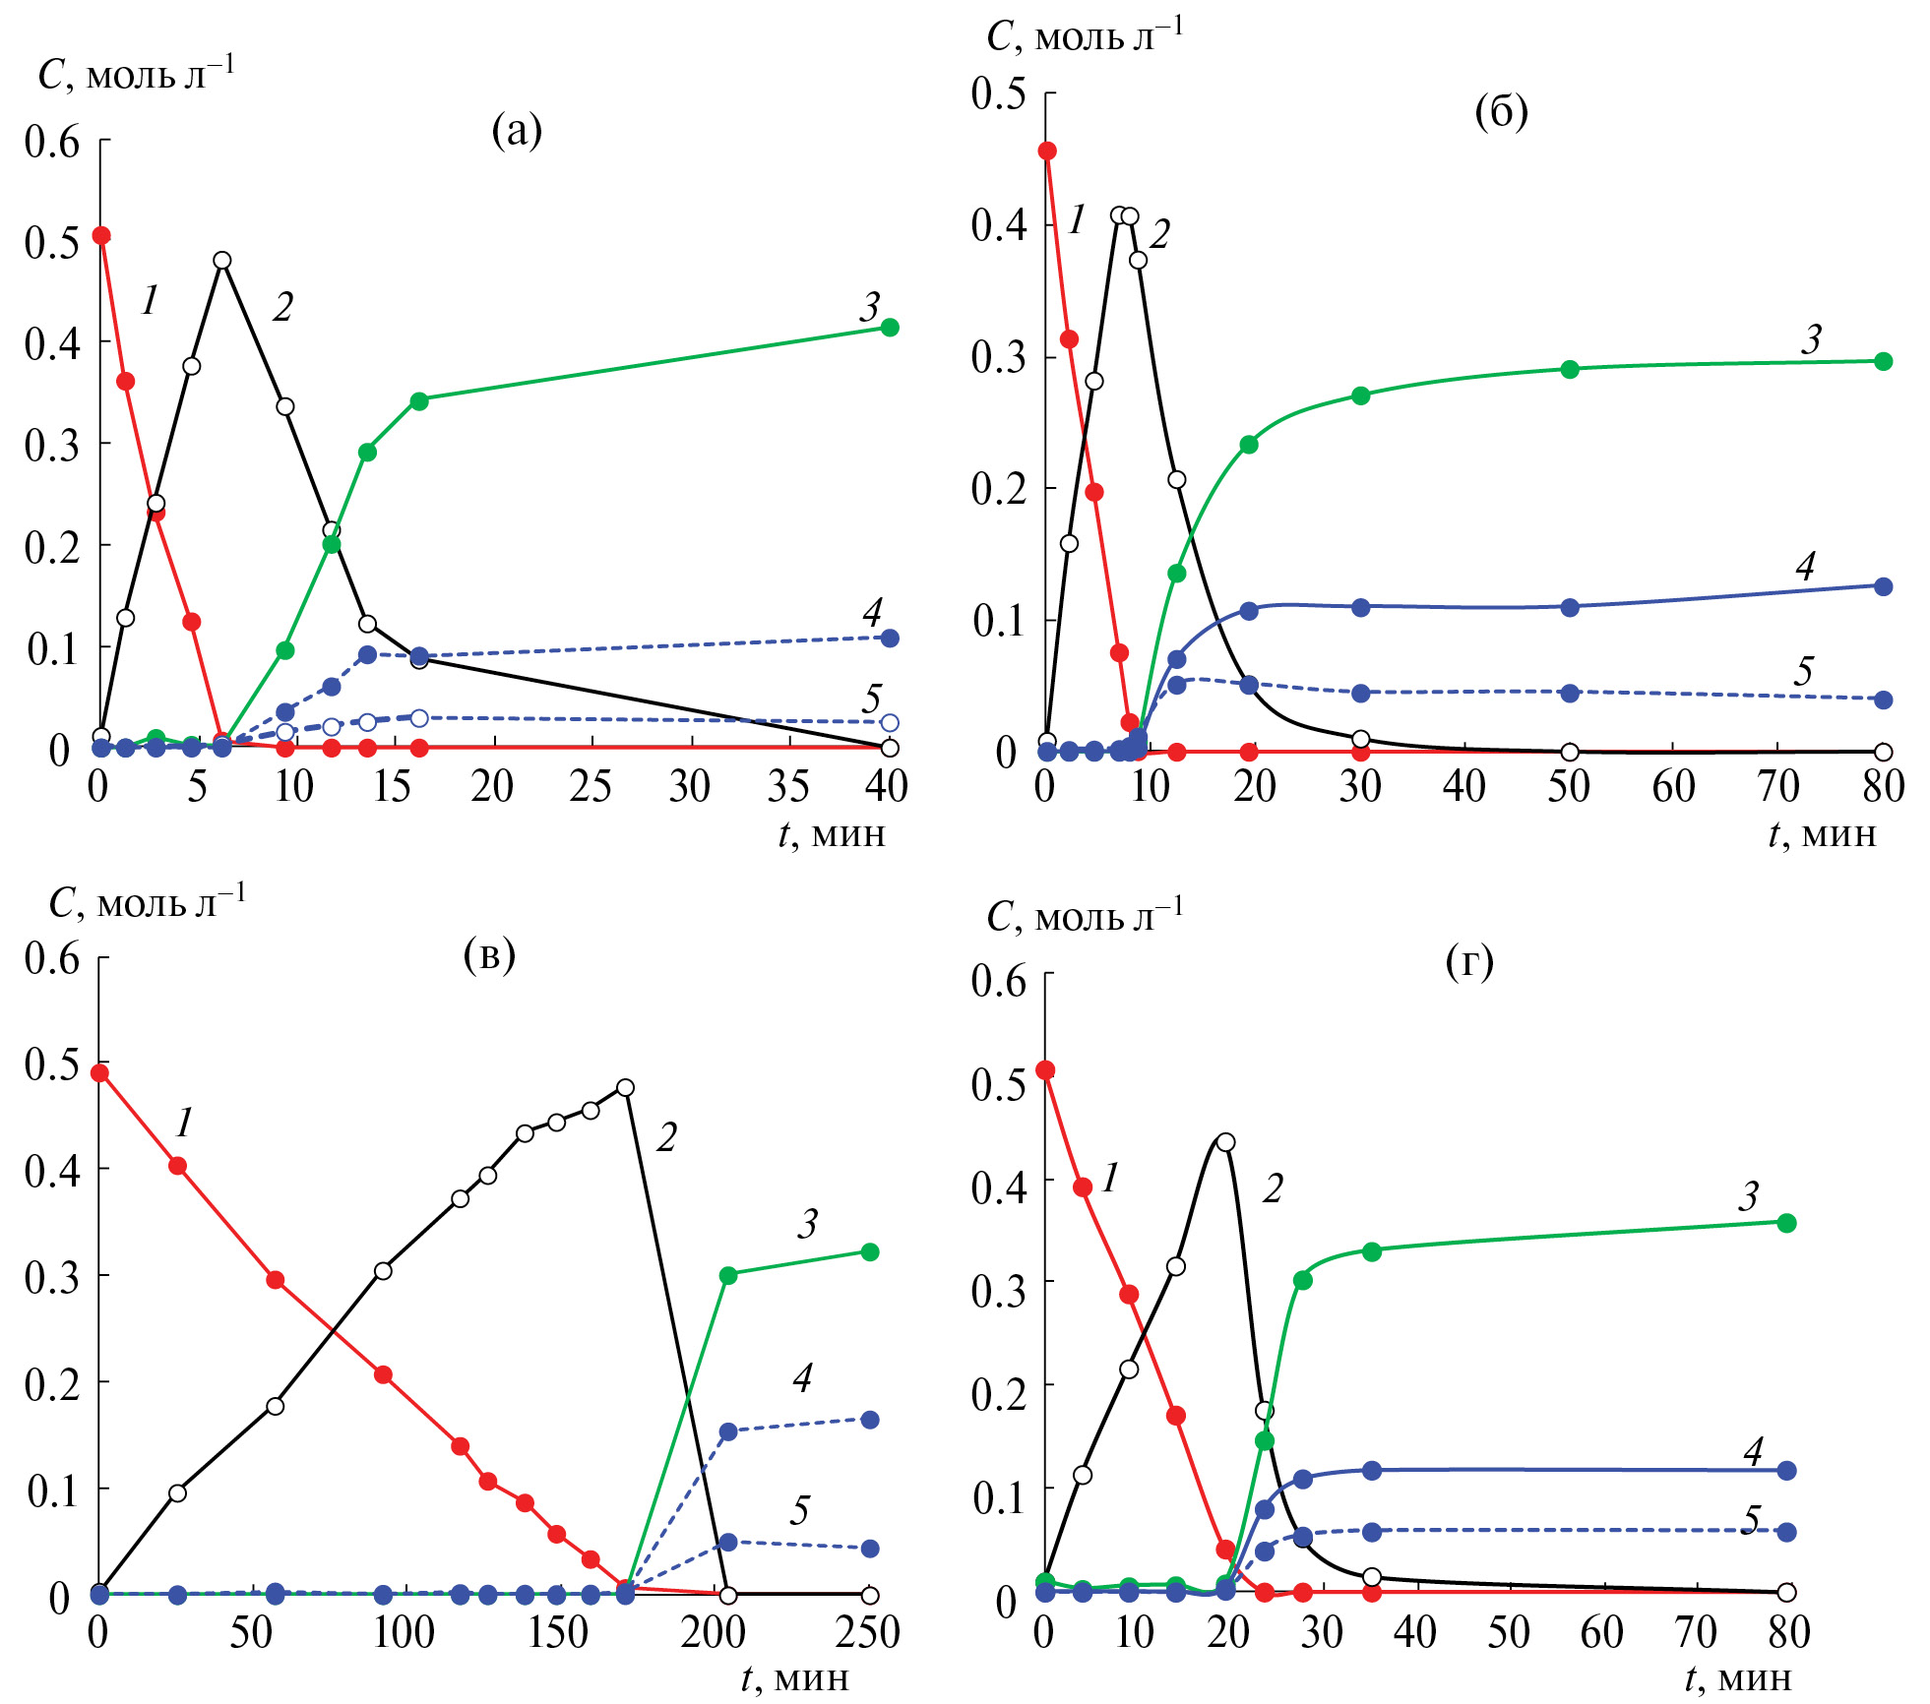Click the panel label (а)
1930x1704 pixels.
[x=517, y=130]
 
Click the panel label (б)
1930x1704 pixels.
[x=1501, y=112]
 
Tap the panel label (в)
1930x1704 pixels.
[x=489, y=953]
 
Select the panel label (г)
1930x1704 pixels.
[x=1469, y=961]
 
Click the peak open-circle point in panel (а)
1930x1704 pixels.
[x=222, y=261]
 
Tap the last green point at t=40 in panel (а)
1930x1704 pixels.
[x=890, y=328]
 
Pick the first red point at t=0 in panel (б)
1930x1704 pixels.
[x=1047, y=151]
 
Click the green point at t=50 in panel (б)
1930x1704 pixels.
[x=1570, y=370]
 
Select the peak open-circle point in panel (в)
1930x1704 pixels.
[x=625, y=1088]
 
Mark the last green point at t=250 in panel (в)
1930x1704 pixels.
[x=870, y=1252]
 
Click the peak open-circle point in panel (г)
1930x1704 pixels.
[x=1225, y=1142]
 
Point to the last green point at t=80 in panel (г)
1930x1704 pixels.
[x=1787, y=1223]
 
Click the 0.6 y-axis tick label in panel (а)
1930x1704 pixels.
[x=52, y=142]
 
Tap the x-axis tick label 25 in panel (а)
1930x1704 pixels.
[x=591, y=786]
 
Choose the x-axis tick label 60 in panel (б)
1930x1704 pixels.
[x=1673, y=786]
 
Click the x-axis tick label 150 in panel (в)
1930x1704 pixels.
[x=557, y=1632]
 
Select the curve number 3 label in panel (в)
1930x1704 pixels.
[x=807, y=1224]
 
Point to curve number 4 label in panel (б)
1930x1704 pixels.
[x=1805, y=566]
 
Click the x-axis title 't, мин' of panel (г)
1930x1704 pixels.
[x=1737, y=1678]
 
